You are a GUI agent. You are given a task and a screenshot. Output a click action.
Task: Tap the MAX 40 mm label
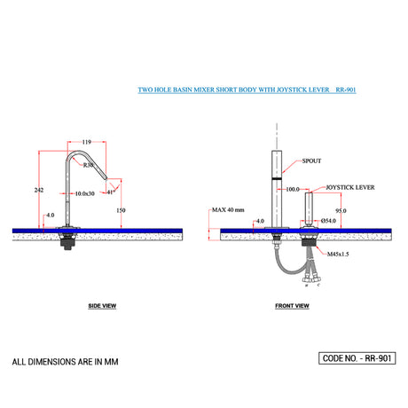[229, 210]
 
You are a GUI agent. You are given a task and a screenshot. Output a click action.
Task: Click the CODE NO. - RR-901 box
[356, 358]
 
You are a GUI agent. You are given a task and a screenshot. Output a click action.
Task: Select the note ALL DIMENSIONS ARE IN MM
[65, 362]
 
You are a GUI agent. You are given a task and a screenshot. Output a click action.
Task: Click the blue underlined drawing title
[248, 90]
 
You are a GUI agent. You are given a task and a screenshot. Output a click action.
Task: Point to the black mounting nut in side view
[67, 242]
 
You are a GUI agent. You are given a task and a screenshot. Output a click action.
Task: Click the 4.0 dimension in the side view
[50, 214]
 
